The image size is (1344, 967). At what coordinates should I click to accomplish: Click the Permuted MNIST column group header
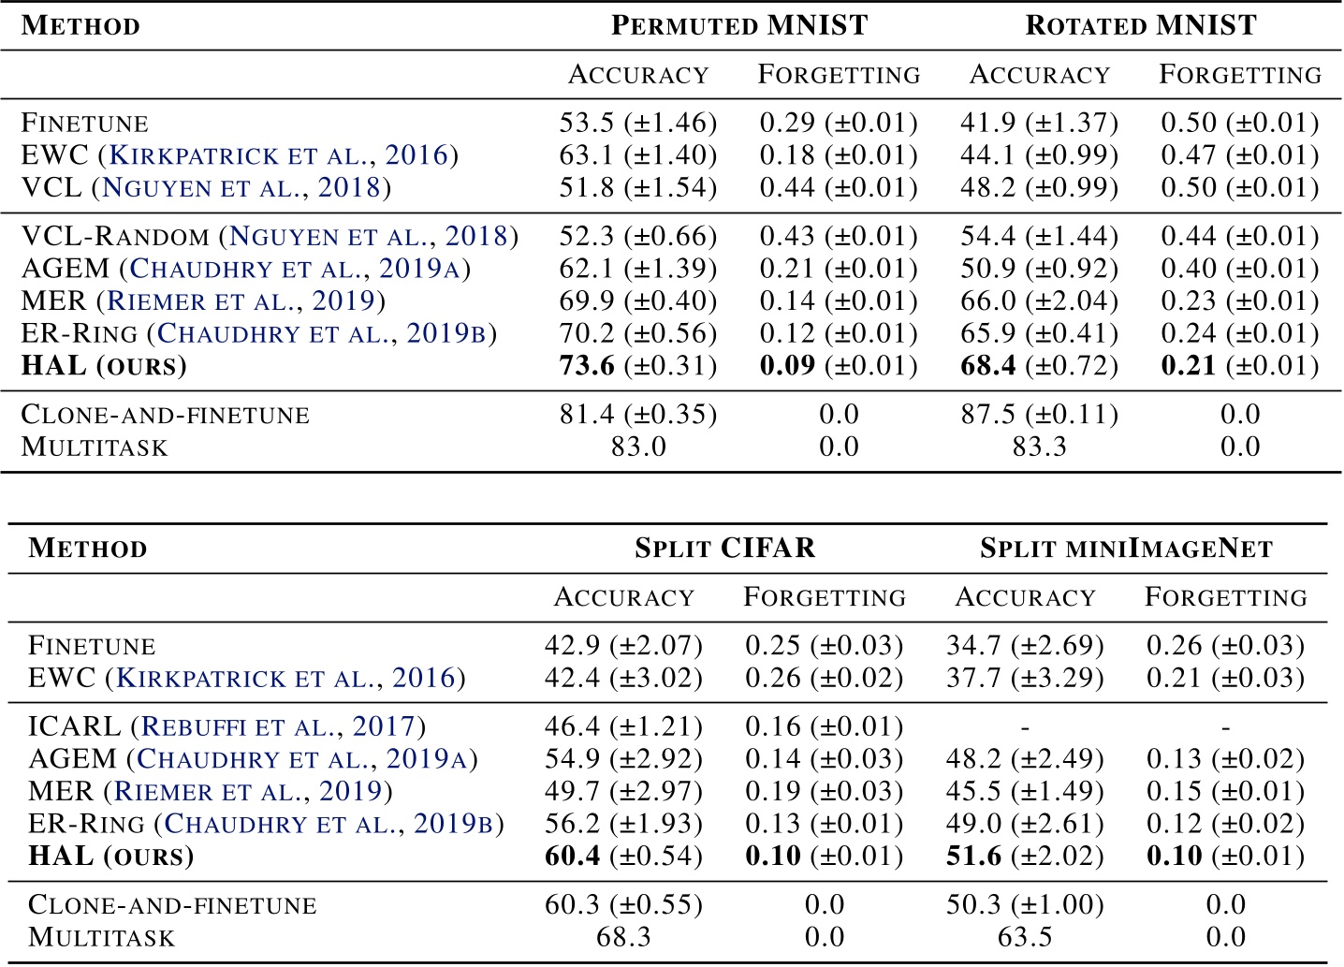739,25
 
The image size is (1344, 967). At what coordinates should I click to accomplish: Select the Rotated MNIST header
1141,25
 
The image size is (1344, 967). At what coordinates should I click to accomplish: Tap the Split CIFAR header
724,548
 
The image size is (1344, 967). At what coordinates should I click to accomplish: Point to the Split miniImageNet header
1126,548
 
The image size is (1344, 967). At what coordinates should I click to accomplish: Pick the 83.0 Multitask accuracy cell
637,446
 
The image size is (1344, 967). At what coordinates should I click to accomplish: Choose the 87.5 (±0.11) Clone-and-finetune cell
1039,414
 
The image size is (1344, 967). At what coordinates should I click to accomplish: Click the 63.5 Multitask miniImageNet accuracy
1024,936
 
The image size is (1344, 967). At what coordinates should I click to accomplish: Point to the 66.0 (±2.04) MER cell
1039,300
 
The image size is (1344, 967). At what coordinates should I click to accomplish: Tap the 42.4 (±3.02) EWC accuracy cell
623,678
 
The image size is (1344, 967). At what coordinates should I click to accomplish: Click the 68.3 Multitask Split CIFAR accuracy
623,936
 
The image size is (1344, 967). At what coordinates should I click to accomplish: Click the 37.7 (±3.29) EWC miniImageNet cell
1024,678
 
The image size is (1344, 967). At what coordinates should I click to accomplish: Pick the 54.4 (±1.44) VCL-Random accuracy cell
1039,236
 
